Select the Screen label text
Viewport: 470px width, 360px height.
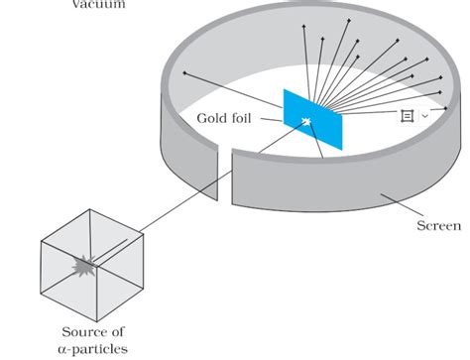pyautogui.click(x=438, y=226)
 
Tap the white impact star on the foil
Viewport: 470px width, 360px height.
pyautogui.click(x=306, y=124)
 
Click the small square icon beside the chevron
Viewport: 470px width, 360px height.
pyautogui.click(x=407, y=116)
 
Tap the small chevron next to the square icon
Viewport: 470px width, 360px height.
pyautogui.click(x=424, y=116)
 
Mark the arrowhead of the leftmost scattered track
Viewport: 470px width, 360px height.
pyautogui.click(x=185, y=72)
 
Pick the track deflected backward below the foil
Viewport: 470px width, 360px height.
pyautogui.click(x=315, y=144)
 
